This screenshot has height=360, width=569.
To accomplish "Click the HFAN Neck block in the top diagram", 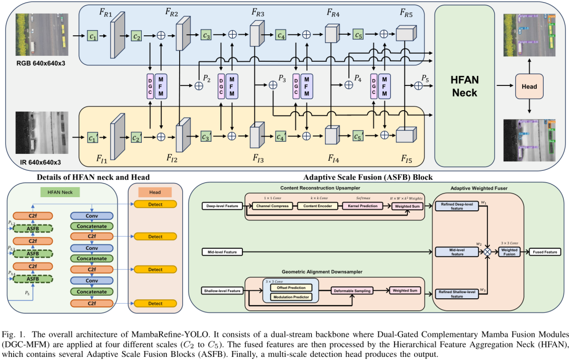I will point(464,86).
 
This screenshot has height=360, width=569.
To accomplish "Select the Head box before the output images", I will point(529,86).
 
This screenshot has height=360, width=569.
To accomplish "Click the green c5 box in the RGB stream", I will point(358,36).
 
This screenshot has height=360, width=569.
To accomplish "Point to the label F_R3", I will point(258,12).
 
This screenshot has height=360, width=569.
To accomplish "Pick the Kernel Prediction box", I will point(361,206).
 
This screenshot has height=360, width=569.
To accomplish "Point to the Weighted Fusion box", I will point(509,252).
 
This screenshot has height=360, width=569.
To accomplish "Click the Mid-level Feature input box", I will point(222,252).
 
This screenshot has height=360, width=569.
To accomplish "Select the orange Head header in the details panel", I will point(155,192).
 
